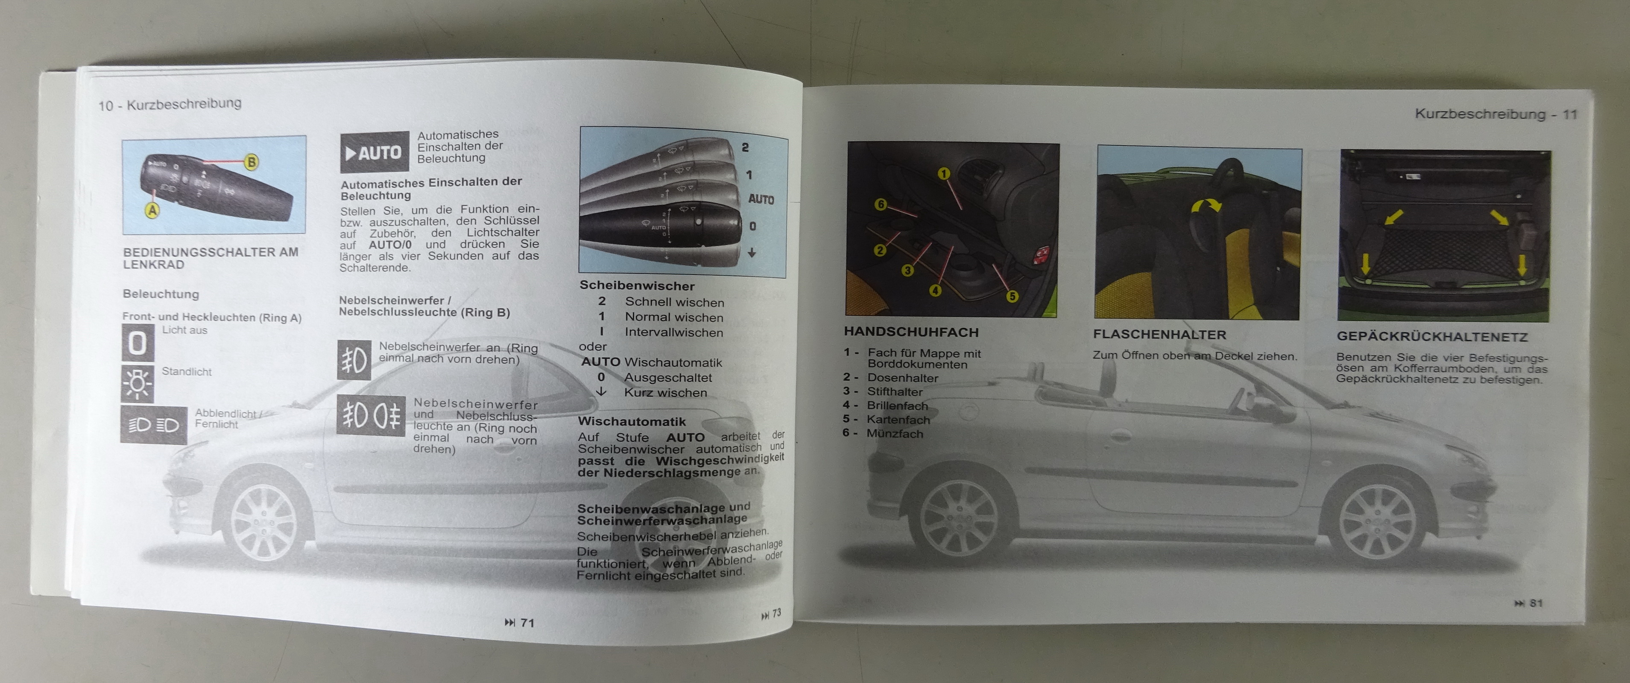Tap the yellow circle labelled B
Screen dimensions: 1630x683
pos(251,162)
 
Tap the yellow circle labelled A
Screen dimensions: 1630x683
pos(152,210)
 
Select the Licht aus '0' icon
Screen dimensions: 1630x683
pos(138,343)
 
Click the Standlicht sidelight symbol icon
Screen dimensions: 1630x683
pos(138,383)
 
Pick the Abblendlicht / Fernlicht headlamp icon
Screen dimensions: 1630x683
pos(154,425)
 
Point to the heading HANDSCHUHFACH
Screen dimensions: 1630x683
pos(911,332)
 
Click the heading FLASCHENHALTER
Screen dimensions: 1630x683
pos(1159,335)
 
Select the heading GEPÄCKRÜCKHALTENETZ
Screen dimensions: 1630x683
pos(1432,336)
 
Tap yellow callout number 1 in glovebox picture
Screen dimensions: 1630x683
pos(943,173)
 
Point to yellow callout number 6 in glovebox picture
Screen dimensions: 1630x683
pos(880,204)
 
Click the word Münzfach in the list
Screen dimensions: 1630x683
pos(895,434)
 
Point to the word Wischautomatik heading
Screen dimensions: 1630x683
pos(632,421)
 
